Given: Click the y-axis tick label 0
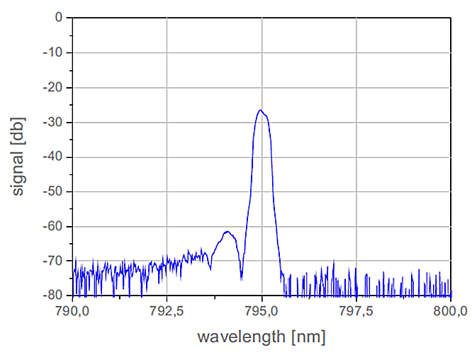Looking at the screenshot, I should pos(58,18).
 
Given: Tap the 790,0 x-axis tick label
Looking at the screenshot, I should pos(72,311).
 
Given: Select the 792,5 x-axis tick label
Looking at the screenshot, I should pos(167,311).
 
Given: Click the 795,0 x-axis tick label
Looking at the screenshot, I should pos(262,311).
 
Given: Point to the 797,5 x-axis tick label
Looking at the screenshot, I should pos(356,311).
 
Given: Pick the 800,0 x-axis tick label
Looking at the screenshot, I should pos(451,311).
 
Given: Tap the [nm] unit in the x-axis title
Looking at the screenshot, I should pos(309,337).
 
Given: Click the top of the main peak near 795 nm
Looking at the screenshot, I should pos(261,111).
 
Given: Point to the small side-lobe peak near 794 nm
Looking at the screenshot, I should pos(227,232).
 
